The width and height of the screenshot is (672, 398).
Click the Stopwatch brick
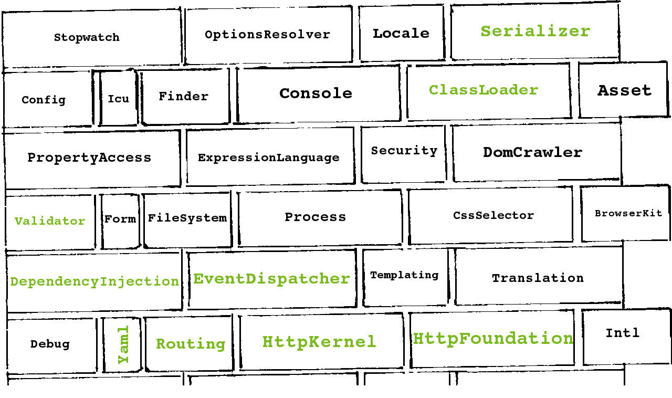87,38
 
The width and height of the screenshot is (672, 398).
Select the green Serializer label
535,31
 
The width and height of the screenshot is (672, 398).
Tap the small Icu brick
118,99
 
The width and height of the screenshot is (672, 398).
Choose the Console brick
316,93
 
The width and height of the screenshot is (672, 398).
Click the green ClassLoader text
484,90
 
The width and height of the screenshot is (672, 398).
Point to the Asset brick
624,90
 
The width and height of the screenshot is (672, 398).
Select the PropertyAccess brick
89,158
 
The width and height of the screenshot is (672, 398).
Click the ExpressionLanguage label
269,158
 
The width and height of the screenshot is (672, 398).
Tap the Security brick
404,151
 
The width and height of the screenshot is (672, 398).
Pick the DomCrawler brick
533,152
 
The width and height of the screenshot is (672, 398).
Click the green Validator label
50,221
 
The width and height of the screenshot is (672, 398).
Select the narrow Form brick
120,219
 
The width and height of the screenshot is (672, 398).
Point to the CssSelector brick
493,215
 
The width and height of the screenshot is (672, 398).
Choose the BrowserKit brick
628,213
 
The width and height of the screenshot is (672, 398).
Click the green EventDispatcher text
271,278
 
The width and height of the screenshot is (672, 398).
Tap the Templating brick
404,275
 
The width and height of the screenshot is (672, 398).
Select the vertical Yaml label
123,344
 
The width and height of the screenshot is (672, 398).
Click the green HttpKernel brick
319,342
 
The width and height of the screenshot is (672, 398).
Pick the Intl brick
623,333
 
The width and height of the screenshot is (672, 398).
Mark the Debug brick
50,344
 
